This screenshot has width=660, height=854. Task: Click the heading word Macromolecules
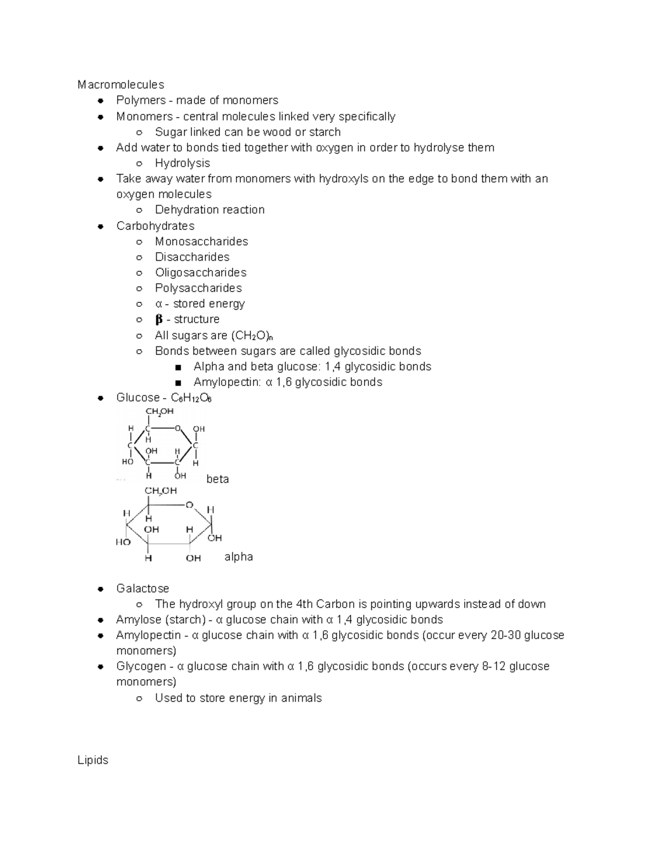tap(120, 85)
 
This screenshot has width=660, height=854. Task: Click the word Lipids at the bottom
tap(93, 760)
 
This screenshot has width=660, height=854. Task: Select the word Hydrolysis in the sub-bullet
tap(182, 163)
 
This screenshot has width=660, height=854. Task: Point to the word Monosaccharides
tap(201, 241)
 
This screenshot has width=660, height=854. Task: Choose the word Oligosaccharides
tap(200, 273)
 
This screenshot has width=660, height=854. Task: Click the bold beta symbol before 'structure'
tap(159, 319)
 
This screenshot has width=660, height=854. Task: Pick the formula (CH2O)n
tap(252, 336)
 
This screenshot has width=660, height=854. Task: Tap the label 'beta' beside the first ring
tap(217, 479)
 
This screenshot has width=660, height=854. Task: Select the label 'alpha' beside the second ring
tap(239, 557)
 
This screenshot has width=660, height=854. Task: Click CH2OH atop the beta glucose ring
tap(159, 411)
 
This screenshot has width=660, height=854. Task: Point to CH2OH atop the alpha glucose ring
tap(161, 491)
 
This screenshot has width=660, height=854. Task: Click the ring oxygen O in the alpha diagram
tap(189, 505)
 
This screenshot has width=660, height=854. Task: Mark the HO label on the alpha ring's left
tap(123, 542)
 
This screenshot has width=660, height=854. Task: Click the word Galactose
tap(142, 588)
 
